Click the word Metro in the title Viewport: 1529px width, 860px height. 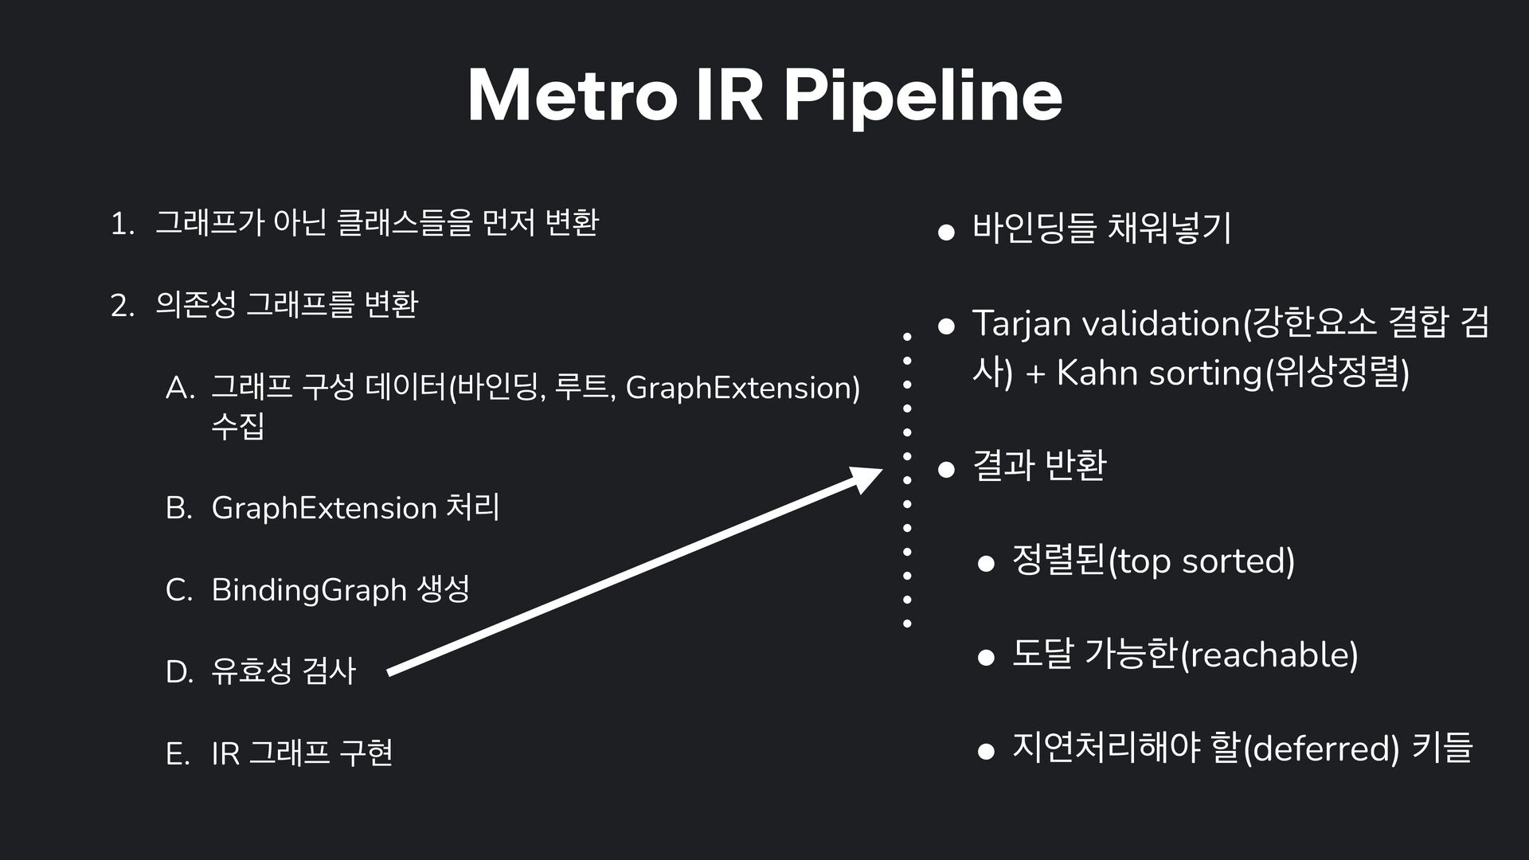[571, 96]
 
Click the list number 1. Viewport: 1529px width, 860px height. [120, 225]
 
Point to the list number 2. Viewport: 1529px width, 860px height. [121, 306]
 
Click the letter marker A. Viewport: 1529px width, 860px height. [179, 389]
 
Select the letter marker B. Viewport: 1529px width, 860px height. [178, 509]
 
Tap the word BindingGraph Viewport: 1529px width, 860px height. [308, 590]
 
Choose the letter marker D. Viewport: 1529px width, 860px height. [179, 672]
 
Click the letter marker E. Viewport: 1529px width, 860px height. [177, 753]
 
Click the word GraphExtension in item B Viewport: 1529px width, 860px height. [324, 508]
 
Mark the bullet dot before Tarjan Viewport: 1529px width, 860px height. [946, 326]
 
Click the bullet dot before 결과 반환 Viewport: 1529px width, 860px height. [946, 468]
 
